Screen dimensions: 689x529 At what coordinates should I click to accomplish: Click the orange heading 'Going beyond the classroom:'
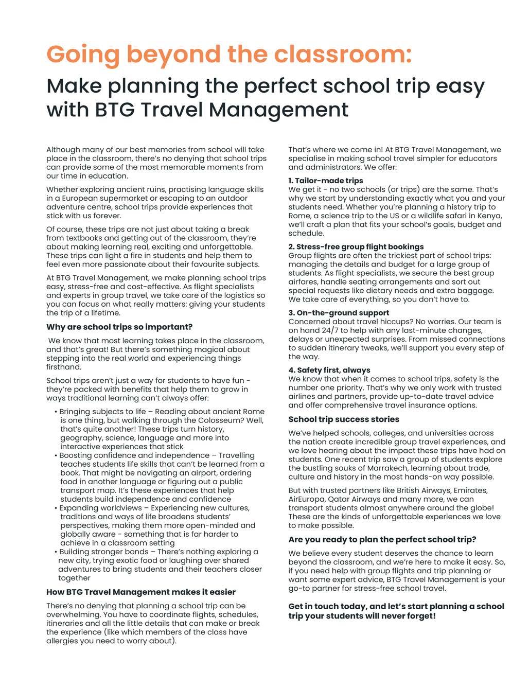[x=229, y=54]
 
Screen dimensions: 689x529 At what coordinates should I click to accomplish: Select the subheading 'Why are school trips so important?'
[x=119, y=327]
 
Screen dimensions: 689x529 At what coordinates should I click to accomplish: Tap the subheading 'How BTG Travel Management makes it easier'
[x=141, y=592]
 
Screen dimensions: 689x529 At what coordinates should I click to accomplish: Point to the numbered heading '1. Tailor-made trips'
[x=326, y=181]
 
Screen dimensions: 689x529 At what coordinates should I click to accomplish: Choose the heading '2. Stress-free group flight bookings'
[x=356, y=247]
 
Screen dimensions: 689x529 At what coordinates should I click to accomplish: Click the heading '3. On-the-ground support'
[x=339, y=313]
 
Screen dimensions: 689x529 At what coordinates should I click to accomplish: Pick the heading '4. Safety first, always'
[x=329, y=370]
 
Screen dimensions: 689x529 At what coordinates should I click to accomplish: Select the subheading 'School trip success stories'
[x=344, y=419]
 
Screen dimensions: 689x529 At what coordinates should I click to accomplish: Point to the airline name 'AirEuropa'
[x=307, y=499]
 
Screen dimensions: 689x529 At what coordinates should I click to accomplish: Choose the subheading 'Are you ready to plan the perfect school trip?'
[x=382, y=540]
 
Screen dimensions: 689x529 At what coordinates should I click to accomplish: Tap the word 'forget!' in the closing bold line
[x=420, y=616]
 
